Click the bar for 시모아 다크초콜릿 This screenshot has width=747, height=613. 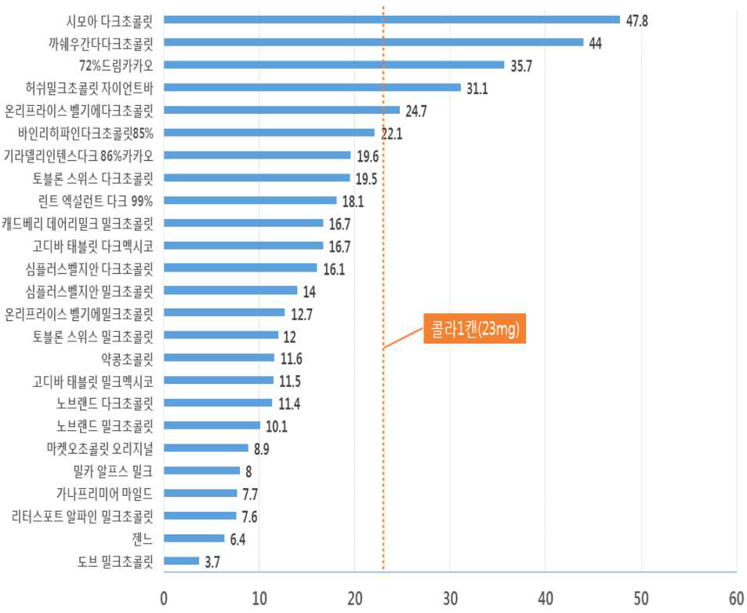coord(392,20)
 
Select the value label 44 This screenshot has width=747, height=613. coord(596,43)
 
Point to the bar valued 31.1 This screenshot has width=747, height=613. coord(313,87)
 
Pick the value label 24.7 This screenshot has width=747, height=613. coord(416,111)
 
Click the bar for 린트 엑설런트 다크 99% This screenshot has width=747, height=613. coord(250,201)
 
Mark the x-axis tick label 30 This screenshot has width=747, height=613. coord(450,598)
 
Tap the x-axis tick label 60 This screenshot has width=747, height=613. coord(736,598)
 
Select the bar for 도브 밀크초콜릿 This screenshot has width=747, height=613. coord(182,561)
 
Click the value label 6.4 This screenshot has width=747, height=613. coord(239,539)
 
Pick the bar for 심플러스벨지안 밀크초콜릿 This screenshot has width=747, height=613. coord(231,290)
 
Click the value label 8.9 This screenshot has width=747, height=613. coord(263,449)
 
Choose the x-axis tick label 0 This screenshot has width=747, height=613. coord(165,598)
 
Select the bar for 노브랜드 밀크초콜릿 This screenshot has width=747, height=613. coord(212,425)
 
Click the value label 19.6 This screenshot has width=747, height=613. coord(367,156)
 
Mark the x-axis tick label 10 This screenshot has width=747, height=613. coord(259,598)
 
